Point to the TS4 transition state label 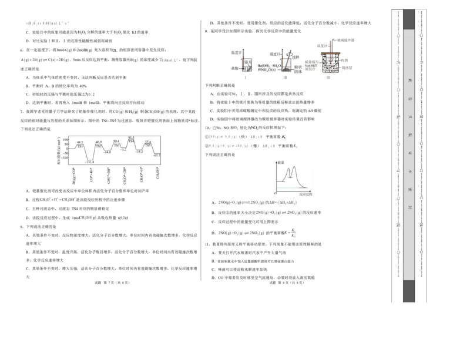click(x=131, y=141)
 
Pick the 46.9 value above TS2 click(x=98, y=142)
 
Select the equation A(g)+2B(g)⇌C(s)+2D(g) click(x=45, y=60)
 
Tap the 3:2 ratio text click(x=91, y=94)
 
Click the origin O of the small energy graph click(x=276, y=193)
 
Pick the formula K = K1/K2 click(x=288, y=233)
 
